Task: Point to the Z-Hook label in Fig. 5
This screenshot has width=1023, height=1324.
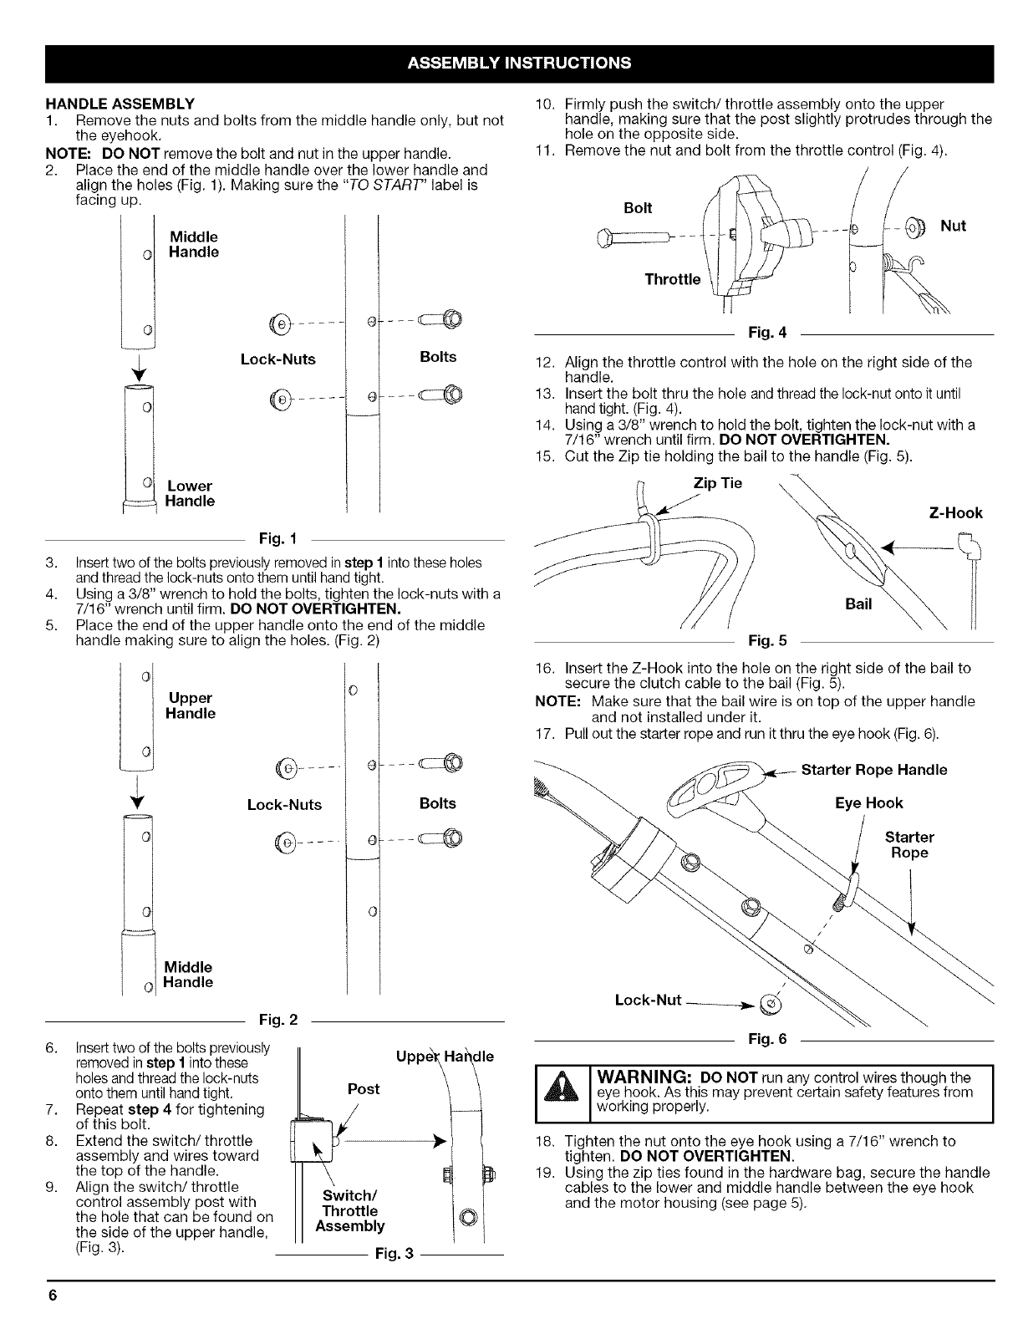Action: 956,513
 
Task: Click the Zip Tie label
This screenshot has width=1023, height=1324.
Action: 718,484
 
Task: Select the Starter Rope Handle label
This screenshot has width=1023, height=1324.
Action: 874,770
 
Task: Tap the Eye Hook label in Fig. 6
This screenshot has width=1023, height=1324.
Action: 869,803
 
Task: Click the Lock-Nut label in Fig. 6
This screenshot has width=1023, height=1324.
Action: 649,1001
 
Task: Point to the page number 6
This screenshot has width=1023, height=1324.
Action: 52,1296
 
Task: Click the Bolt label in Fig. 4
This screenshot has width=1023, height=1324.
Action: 638,207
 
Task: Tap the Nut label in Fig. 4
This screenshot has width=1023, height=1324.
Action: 954,226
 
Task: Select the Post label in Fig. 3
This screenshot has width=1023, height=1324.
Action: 363,1089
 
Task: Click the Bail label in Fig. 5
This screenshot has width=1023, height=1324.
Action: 858,604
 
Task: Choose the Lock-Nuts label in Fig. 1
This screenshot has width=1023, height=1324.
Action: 278,359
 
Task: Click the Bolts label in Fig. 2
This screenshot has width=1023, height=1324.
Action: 438,803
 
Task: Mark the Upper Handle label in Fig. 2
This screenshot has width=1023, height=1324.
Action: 191,705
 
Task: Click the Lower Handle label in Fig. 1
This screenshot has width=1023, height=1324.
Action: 190,493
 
